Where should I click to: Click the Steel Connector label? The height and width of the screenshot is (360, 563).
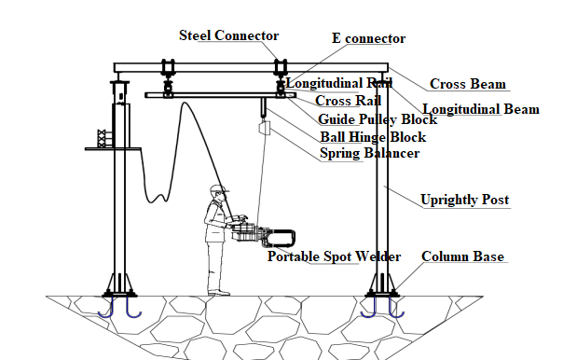[x=228, y=35]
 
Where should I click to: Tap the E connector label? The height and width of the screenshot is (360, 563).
[x=369, y=38]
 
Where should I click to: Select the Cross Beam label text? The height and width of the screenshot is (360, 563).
[x=468, y=84]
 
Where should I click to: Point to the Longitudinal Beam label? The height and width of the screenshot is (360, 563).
[x=481, y=109]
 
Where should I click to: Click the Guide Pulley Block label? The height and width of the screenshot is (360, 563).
[x=378, y=119]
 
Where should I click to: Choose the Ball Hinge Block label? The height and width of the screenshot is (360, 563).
[x=373, y=137]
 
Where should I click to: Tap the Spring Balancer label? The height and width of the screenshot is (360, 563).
[x=369, y=153]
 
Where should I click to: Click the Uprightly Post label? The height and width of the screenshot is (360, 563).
[x=464, y=200]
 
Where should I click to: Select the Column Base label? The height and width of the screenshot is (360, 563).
[x=462, y=256]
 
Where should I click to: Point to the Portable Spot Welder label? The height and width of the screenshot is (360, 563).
[x=334, y=256]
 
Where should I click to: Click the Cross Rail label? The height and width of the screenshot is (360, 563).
[x=348, y=101]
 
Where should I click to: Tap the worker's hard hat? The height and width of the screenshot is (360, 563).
[x=219, y=188]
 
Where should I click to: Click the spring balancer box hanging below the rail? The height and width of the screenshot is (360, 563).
[x=265, y=128]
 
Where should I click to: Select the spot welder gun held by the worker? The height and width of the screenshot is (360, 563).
[x=263, y=236]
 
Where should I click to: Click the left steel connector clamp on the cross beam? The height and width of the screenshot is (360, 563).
[x=168, y=67]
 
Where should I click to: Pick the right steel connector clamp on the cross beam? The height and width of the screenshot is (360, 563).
[x=281, y=67]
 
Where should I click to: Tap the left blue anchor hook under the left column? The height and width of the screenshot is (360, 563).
[x=106, y=310]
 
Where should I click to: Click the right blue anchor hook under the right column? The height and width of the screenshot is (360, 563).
[x=396, y=310]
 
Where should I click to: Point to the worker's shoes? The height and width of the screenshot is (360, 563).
[x=218, y=293]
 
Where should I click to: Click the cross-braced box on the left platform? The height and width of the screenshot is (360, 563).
[x=103, y=138]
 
